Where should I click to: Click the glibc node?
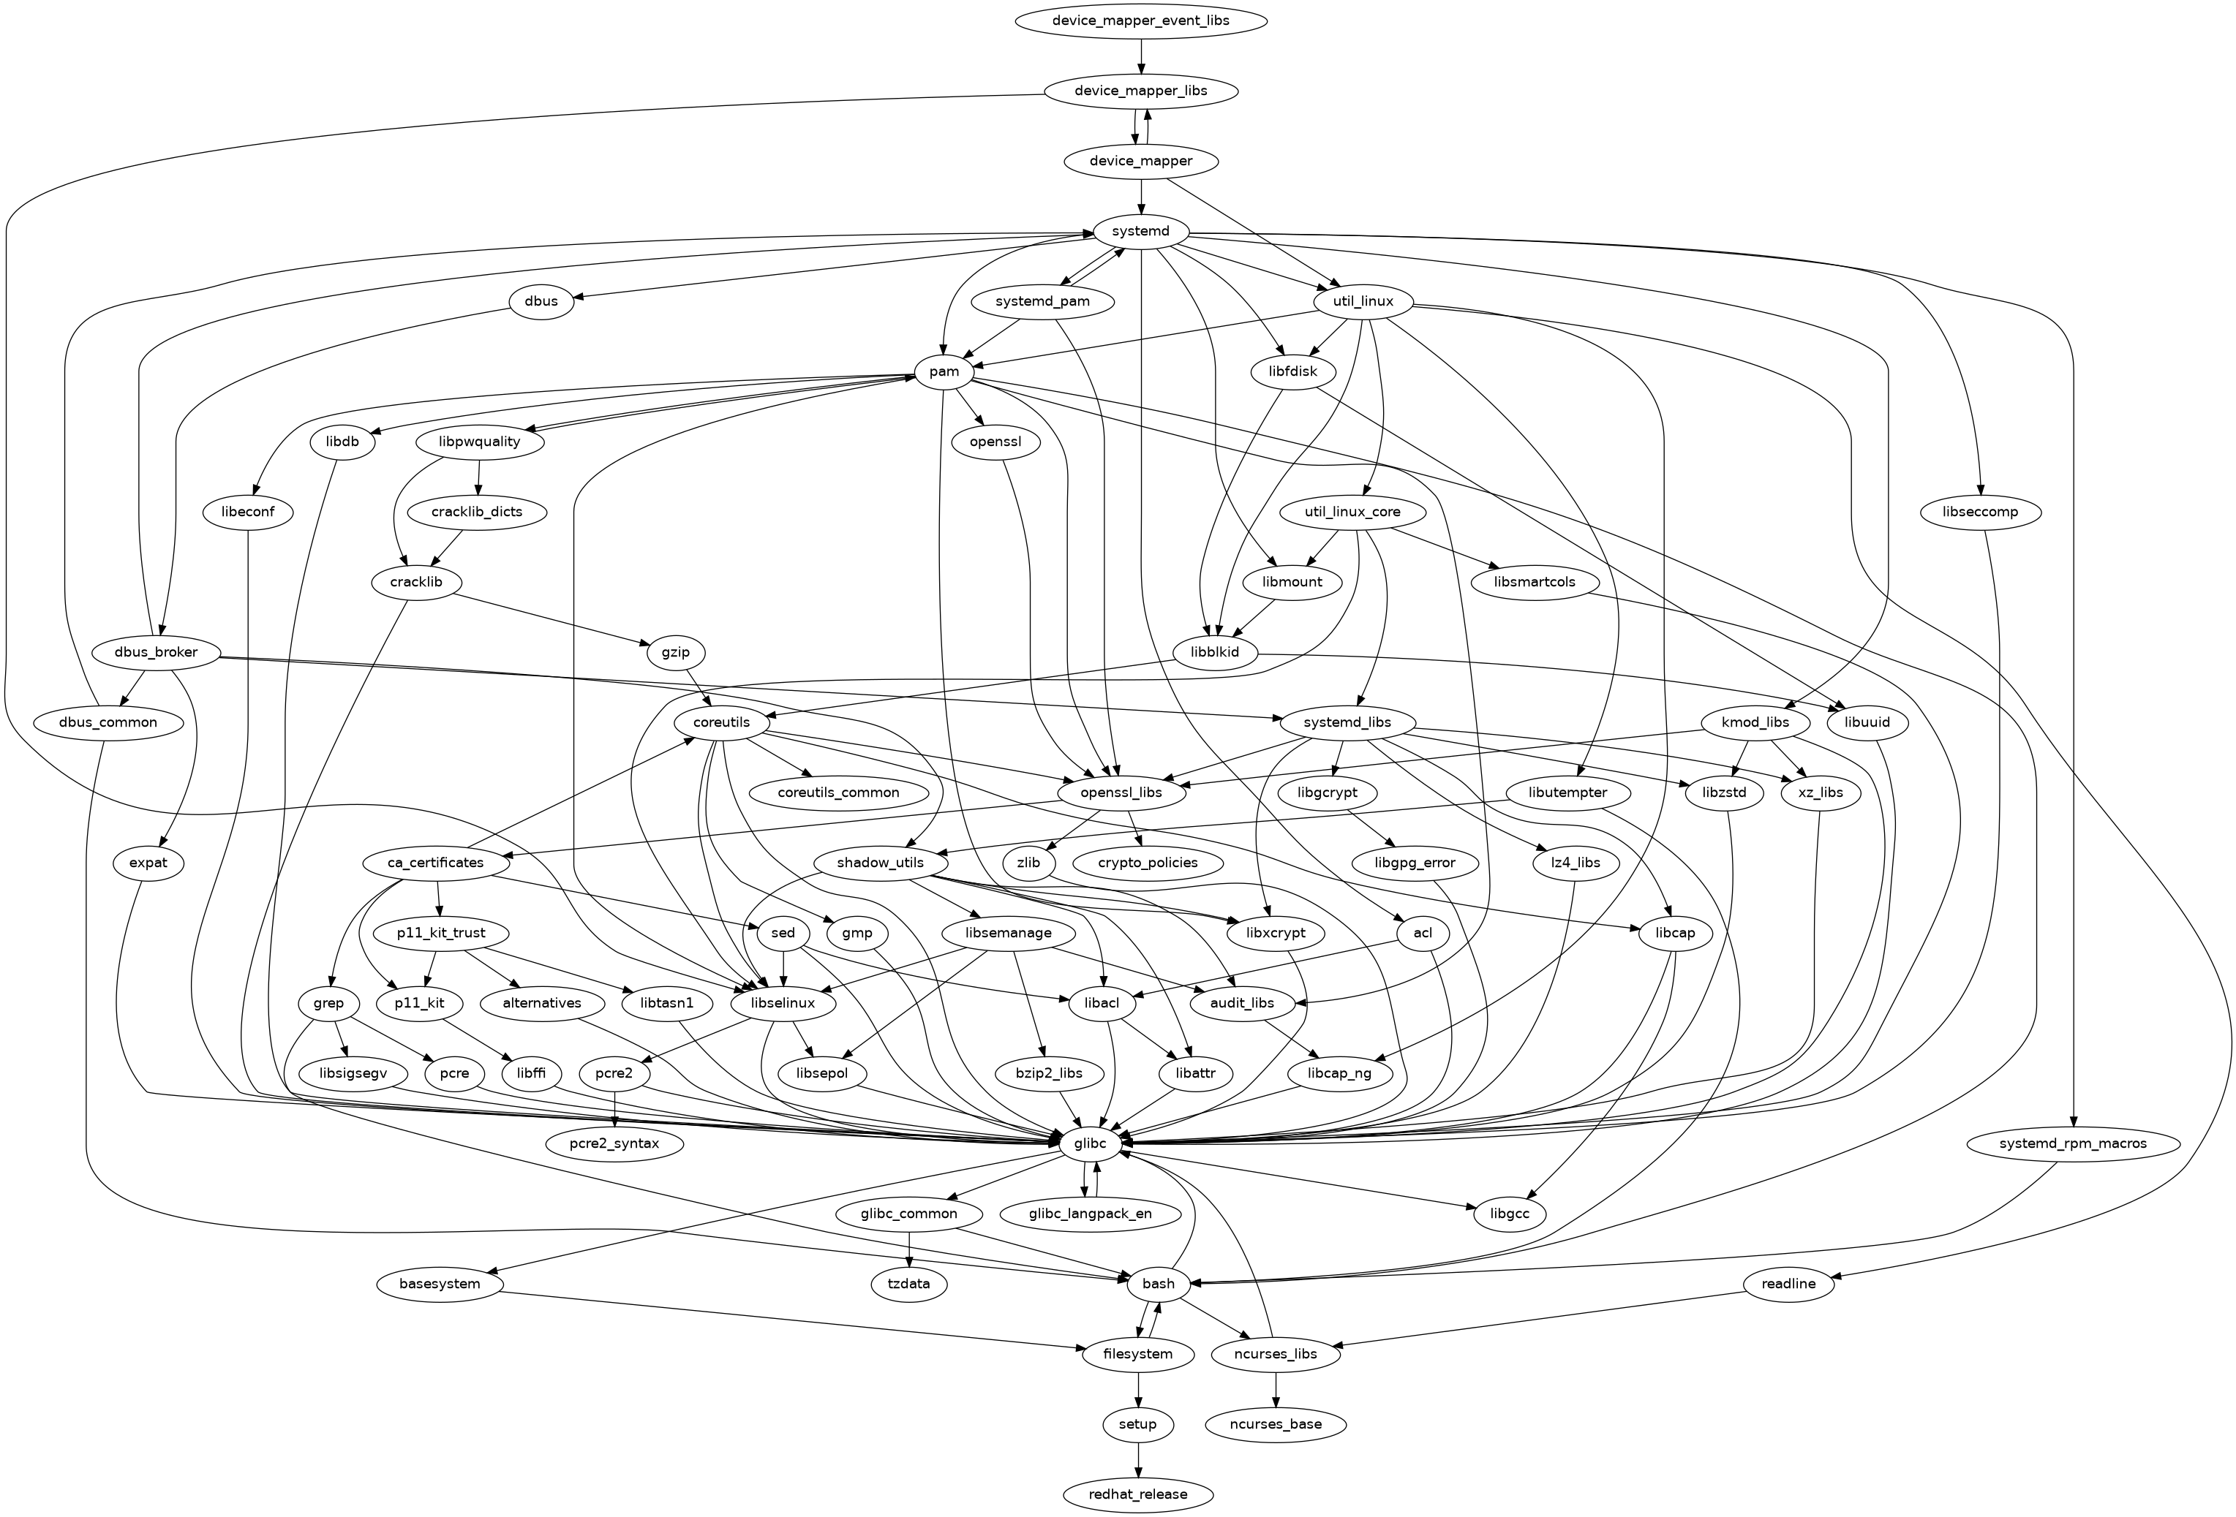[x=1090, y=1143]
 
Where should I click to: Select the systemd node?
[x=1140, y=232]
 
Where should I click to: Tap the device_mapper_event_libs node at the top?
[x=1140, y=20]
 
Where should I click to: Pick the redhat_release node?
[x=1139, y=1494]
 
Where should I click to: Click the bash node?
[x=1159, y=1283]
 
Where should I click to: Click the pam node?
[x=945, y=371]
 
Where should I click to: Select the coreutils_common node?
[x=838, y=792]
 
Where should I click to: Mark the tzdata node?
[x=908, y=1283]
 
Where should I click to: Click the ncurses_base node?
[x=1276, y=1423]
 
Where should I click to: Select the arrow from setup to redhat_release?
[x=1139, y=1459]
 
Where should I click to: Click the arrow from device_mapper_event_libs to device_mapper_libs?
[x=1140, y=56]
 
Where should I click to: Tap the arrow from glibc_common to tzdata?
[x=908, y=1249]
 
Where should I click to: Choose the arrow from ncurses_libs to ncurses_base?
[x=1276, y=1389]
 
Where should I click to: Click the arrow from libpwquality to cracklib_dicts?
[x=478, y=477]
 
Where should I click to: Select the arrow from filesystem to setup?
[x=1139, y=1389]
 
